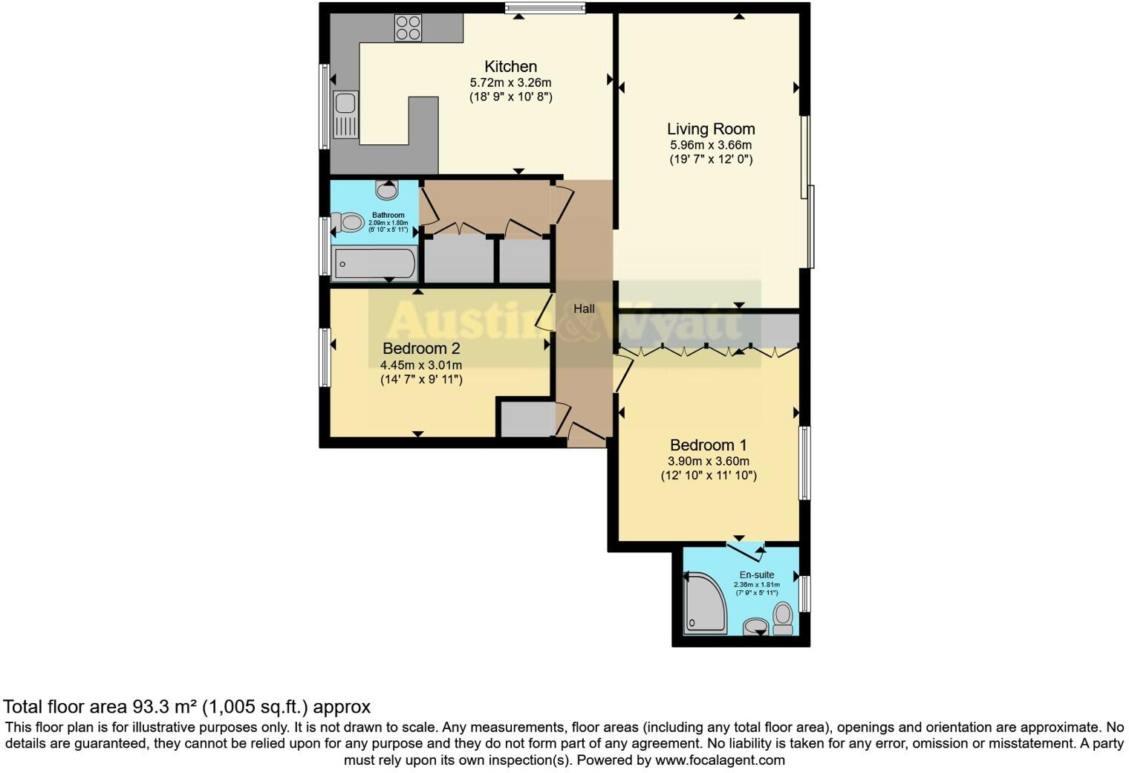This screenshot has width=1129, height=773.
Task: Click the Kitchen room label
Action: (x=510, y=66)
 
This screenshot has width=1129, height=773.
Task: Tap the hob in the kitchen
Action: (x=408, y=28)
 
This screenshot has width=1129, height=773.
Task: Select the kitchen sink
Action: (x=345, y=115)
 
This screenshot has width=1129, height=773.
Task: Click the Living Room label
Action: (x=711, y=129)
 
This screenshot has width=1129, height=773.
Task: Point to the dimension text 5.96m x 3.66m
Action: (x=711, y=145)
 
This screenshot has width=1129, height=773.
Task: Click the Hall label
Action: (x=584, y=308)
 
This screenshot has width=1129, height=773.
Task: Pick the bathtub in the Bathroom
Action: (x=375, y=264)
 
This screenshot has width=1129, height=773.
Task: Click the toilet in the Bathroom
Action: (x=348, y=221)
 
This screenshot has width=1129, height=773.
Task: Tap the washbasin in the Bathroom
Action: (x=387, y=190)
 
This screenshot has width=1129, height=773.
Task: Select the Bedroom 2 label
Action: (x=421, y=349)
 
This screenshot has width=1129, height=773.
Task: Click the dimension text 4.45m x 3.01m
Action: (x=421, y=365)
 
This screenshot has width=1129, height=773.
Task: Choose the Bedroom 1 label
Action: (x=708, y=445)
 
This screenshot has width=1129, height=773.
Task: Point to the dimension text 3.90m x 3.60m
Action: (x=708, y=462)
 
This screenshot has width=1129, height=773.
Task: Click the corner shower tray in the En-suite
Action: (x=703, y=602)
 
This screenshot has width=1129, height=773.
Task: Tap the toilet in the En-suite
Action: (x=783, y=618)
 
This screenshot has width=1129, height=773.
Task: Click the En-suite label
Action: (x=757, y=575)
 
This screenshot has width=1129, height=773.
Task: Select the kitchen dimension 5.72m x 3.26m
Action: (x=510, y=83)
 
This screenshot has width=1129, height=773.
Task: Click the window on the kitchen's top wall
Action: (x=545, y=8)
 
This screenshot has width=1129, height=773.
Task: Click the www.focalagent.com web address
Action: (x=720, y=760)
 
